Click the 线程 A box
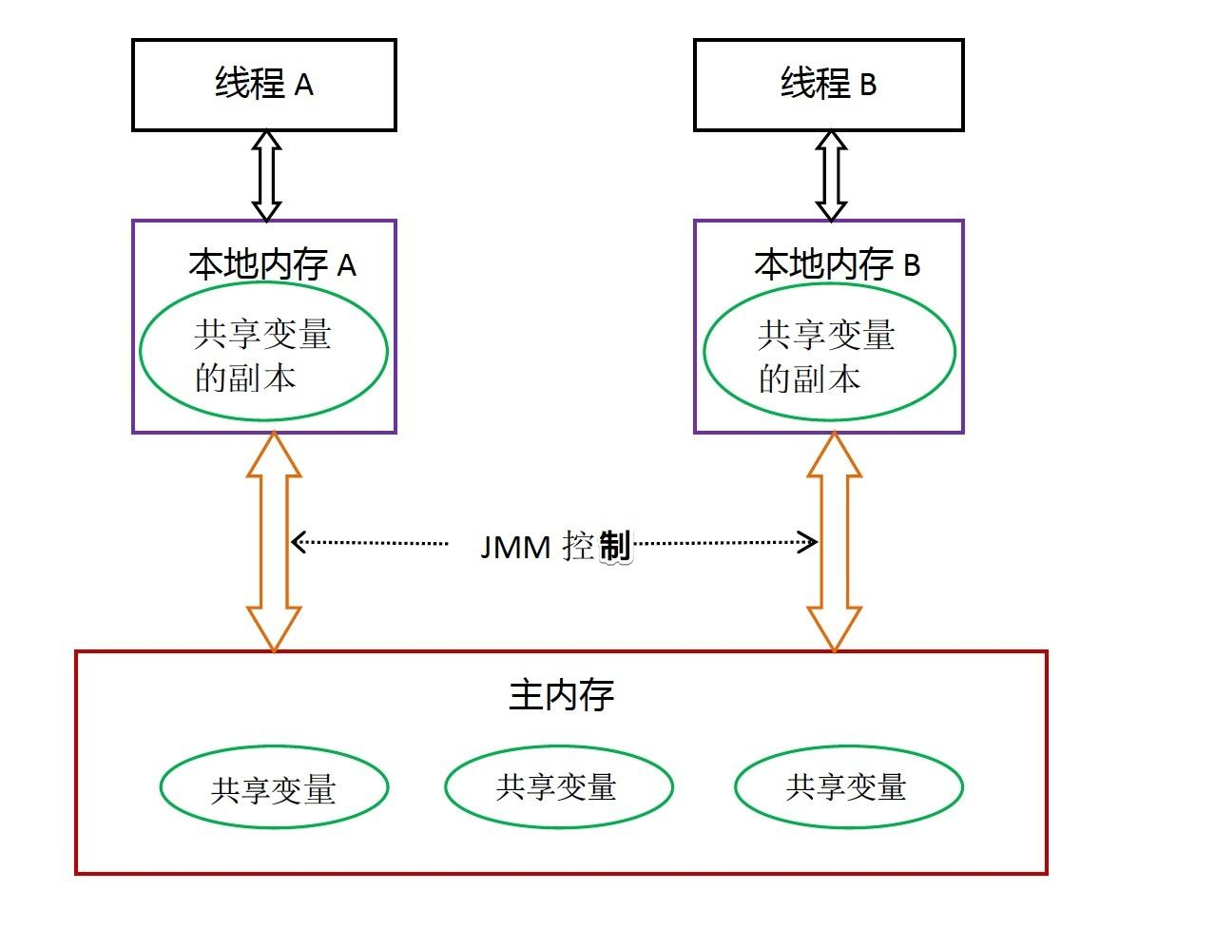[x=263, y=85]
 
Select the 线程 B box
[x=828, y=85]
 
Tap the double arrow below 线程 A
[x=266, y=175]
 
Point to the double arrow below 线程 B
[x=831, y=175]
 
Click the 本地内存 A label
[x=272, y=264]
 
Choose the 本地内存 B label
[x=837, y=264]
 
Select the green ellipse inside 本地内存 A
[x=263, y=351]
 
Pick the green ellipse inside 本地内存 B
[x=828, y=352]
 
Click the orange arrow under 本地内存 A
[x=274, y=542]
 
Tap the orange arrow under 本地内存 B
[x=835, y=542]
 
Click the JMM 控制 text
[x=555, y=547]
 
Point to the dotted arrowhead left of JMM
[x=298, y=542]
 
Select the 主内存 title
[x=561, y=695]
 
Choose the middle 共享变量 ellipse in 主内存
[x=558, y=787]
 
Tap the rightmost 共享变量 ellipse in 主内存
[x=848, y=787]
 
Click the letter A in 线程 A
[x=303, y=87]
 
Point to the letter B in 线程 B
[x=868, y=87]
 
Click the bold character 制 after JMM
[x=614, y=546]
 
